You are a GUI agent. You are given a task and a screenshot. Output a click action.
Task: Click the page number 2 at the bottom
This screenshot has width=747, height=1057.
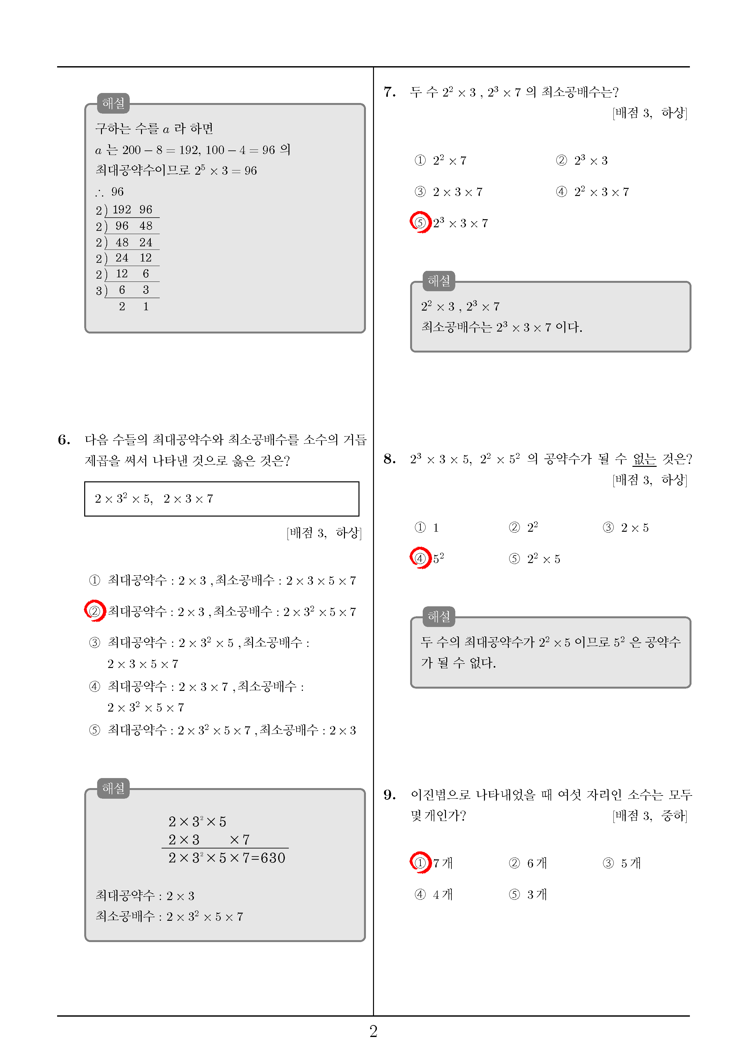(x=373, y=1031)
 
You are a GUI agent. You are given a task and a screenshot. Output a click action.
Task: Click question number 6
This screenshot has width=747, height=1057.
(x=64, y=440)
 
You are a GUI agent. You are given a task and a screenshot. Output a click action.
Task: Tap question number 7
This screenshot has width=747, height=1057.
(x=389, y=92)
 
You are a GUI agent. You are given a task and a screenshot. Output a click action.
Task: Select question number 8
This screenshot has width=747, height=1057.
(x=389, y=459)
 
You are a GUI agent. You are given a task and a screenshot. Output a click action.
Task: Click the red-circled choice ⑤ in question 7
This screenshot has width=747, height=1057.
(x=420, y=223)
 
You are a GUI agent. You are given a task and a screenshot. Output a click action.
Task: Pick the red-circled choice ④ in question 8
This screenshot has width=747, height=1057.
(x=420, y=559)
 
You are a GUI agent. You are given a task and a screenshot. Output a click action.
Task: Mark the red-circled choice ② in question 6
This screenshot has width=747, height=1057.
(x=95, y=611)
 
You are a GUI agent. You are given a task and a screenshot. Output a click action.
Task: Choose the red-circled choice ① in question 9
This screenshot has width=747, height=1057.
(x=420, y=863)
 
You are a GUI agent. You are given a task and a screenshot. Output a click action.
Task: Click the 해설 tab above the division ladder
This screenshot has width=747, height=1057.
(x=113, y=103)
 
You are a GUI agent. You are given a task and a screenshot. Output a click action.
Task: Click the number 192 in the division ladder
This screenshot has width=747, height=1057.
(x=122, y=210)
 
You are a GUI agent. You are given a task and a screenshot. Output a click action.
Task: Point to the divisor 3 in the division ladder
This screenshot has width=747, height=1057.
(x=98, y=291)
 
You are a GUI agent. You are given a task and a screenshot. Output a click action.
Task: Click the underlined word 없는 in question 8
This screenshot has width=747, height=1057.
(x=644, y=459)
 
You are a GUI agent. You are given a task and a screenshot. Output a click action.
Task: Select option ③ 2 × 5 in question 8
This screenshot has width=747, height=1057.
(x=626, y=528)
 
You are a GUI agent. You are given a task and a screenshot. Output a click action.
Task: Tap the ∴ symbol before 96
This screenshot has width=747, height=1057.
(x=99, y=192)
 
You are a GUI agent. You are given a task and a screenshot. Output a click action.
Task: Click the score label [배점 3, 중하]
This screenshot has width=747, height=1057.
(x=650, y=816)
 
